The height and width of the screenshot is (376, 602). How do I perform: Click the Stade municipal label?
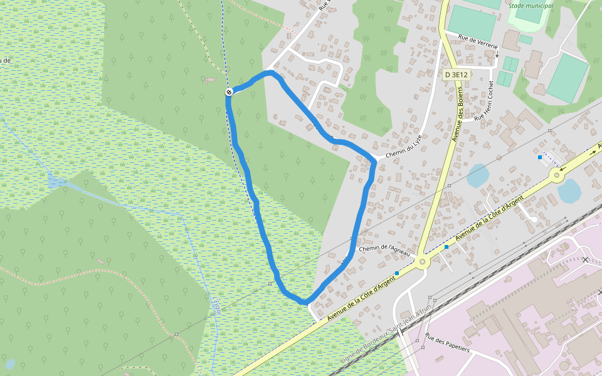[x=531, y=6]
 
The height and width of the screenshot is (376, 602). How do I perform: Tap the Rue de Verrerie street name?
[x=478, y=42]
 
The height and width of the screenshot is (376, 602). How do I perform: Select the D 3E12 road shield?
[x=457, y=75]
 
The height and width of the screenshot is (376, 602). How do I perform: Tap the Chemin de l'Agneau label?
[x=385, y=249]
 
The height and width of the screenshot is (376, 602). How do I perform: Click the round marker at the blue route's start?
[x=230, y=92]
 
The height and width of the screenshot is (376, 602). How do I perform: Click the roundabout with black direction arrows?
[x=558, y=175]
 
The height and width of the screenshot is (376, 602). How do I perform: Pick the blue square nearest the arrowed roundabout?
[x=540, y=157]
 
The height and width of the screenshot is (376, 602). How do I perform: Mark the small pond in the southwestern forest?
[x=10, y=363]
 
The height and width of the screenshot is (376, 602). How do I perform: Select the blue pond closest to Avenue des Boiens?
[x=478, y=176]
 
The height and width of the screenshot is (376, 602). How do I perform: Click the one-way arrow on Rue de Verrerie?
[x=497, y=54]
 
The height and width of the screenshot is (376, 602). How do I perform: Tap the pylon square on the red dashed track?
[x=177, y=335]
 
